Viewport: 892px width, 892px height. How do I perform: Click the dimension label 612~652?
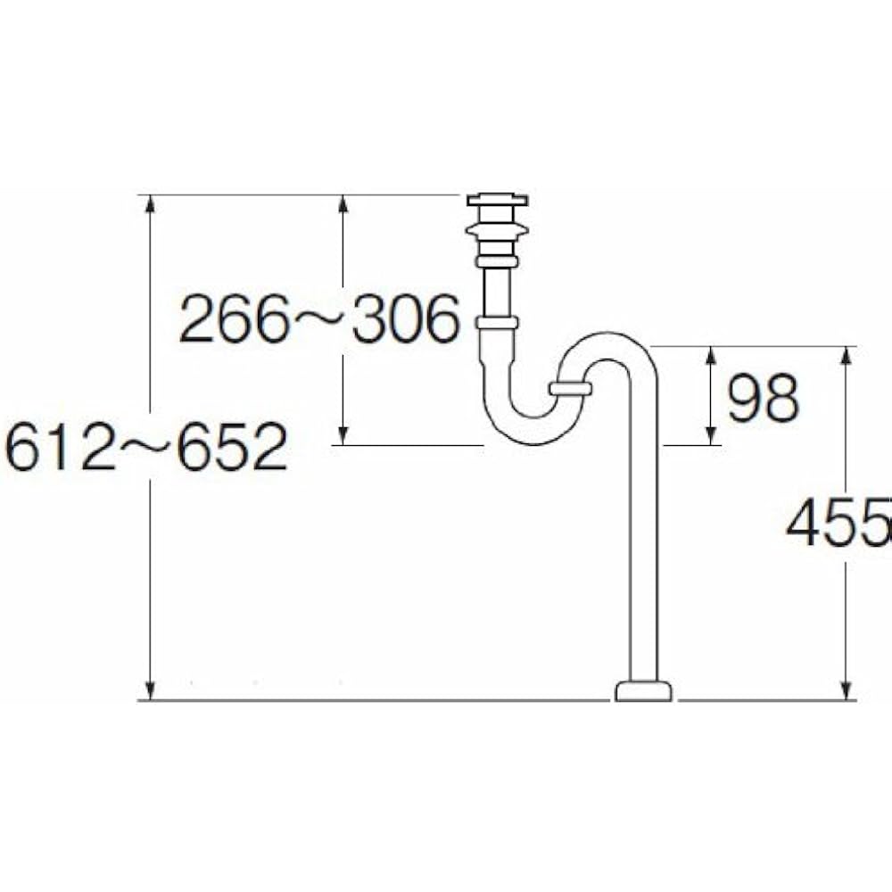(x=147, y=448)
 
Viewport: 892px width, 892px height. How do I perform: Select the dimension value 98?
(x=762, y=398)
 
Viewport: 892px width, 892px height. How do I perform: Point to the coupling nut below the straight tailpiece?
(x=496, y=322)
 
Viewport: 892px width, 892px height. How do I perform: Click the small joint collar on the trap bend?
(x=570, y=388)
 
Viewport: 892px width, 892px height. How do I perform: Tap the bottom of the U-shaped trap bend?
(x=526, y=433)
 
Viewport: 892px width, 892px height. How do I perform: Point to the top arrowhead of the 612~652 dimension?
(x=151, y=203)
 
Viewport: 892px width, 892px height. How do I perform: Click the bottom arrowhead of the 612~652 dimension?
(x=151, y=691)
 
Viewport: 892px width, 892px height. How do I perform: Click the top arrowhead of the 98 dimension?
(x=712, y=355)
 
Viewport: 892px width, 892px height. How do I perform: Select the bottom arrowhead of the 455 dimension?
(x=846, y=691)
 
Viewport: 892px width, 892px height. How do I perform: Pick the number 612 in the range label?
(x=59, y=448)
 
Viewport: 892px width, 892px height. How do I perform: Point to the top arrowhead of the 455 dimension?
(x=846, y=355)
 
